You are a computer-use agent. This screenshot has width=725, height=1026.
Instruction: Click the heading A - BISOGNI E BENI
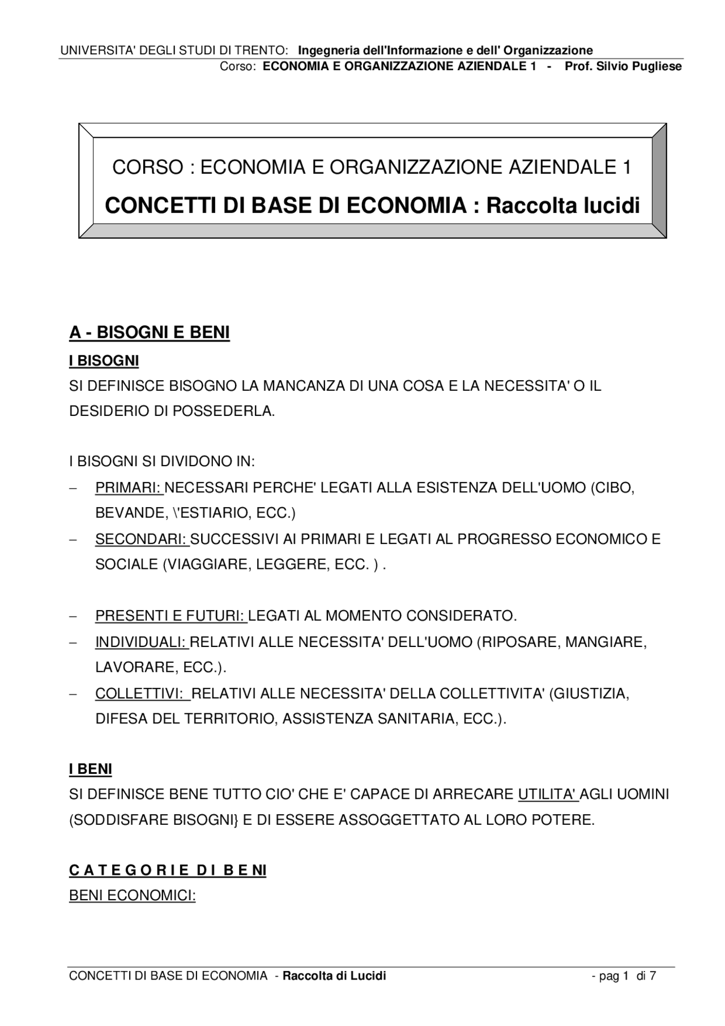[x=150, y=333]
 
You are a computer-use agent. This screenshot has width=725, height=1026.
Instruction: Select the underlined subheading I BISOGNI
[x=104, y=361]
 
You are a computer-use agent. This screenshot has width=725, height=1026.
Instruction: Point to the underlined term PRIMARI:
[x=129, y=488]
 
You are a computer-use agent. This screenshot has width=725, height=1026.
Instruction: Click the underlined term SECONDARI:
[x=142, y=539]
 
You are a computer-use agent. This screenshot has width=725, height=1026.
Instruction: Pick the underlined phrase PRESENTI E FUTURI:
[x=170, y=615]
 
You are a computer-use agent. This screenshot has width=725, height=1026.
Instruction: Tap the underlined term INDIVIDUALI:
[x=141, y=642]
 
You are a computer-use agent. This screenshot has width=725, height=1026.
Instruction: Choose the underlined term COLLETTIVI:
[x=142, y=693]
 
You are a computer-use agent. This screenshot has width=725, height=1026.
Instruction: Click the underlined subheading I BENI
[x=91, y=769]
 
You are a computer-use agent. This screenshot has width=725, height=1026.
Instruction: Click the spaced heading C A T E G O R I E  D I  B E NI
[x=168, y=870]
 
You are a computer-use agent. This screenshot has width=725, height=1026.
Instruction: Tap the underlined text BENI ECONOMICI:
[x=132, y=896]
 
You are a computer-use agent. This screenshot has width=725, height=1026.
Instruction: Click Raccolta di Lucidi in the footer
[x=334, y=976]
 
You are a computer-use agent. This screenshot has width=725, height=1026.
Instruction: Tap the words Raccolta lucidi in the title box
[x=563, y=205]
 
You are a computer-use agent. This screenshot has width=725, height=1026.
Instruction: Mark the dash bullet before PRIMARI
[x=72, y=488]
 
